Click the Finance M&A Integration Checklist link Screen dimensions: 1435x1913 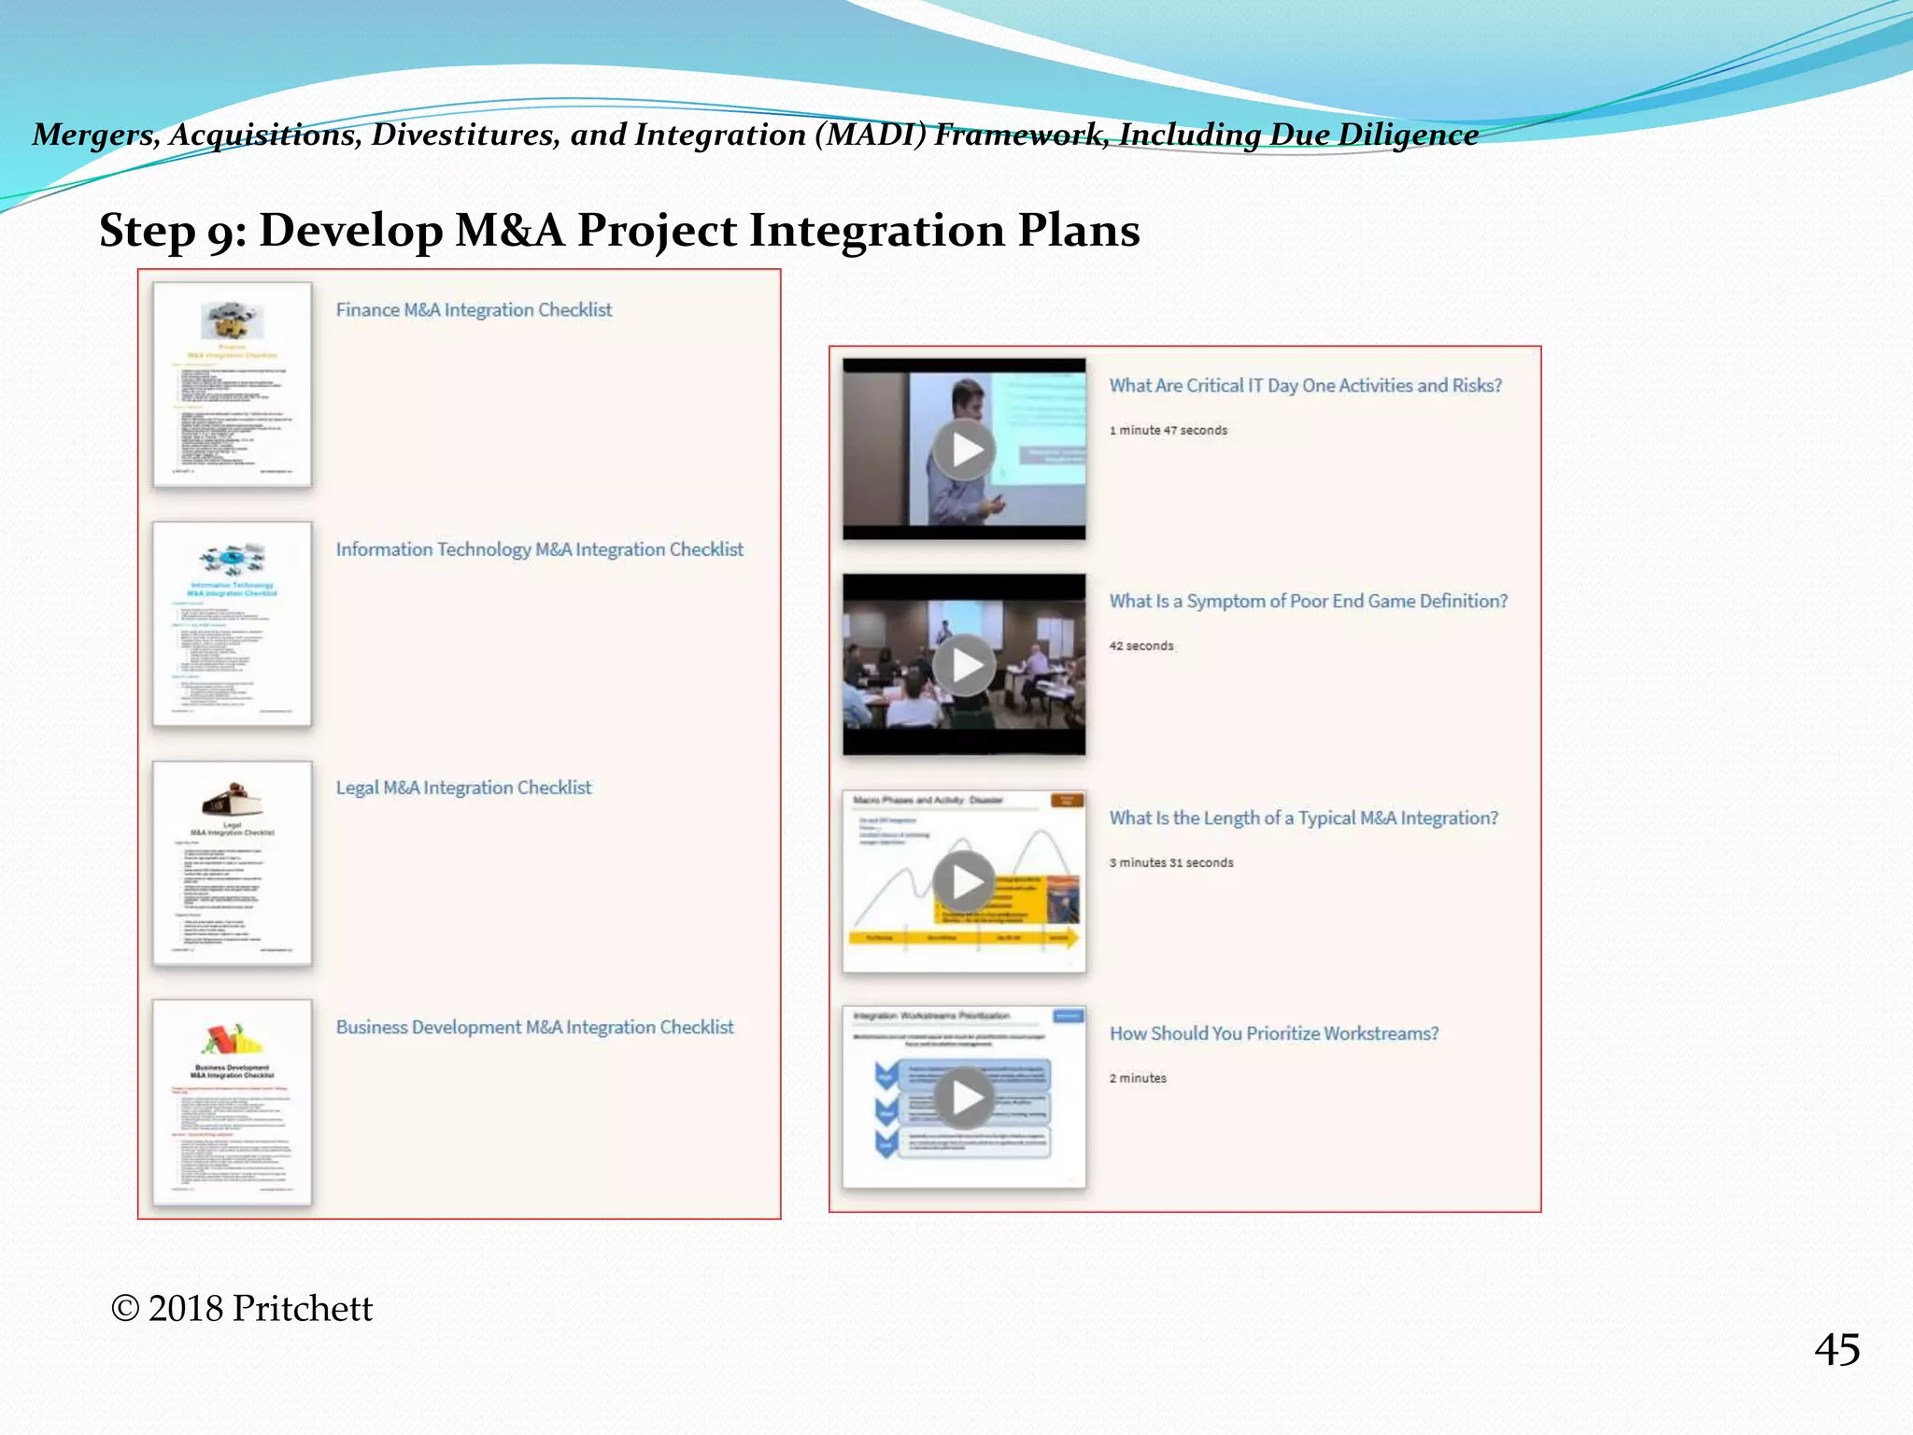474,310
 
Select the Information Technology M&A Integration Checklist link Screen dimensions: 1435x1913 539,549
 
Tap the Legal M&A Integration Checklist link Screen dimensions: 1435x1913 463,788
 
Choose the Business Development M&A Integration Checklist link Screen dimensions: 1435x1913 534,1027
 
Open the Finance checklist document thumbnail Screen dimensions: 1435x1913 233,385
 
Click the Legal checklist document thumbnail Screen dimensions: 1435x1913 233,863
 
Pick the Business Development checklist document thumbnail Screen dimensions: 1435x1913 233,1102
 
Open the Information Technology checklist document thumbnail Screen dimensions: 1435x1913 233,624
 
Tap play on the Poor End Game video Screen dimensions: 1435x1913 965,665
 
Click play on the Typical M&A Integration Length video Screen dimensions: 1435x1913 965,881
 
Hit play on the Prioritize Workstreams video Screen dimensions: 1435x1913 965,1097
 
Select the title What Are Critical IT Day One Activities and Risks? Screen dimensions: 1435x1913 1305,386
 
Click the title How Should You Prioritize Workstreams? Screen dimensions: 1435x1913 1273,1033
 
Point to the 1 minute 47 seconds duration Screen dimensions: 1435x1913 1168,431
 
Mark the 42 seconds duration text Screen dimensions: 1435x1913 1141,646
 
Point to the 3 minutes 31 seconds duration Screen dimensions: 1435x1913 1170,862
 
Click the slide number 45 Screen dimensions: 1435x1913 1836,1350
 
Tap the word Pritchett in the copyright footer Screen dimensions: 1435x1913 302,1309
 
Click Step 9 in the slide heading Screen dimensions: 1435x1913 172,232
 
